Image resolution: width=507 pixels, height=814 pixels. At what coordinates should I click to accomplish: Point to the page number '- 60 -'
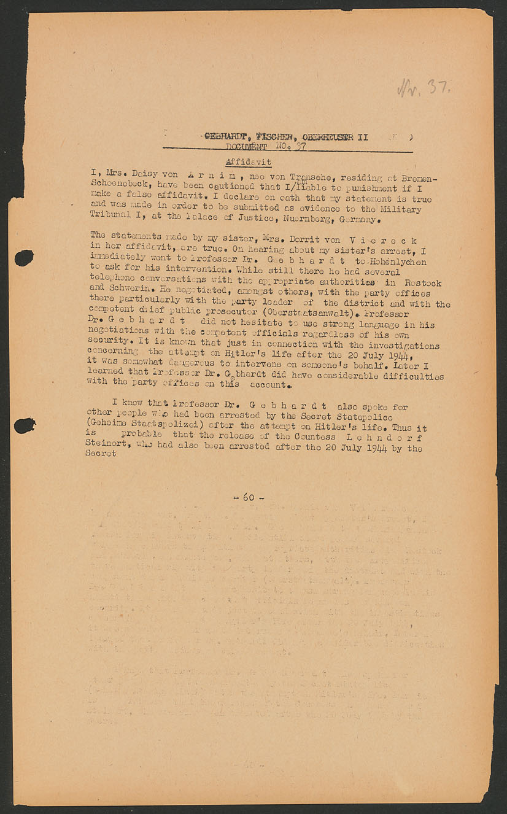248,497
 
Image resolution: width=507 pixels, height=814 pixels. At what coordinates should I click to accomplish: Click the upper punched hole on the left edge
24,258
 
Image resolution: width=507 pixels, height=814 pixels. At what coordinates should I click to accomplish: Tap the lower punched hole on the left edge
24,425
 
